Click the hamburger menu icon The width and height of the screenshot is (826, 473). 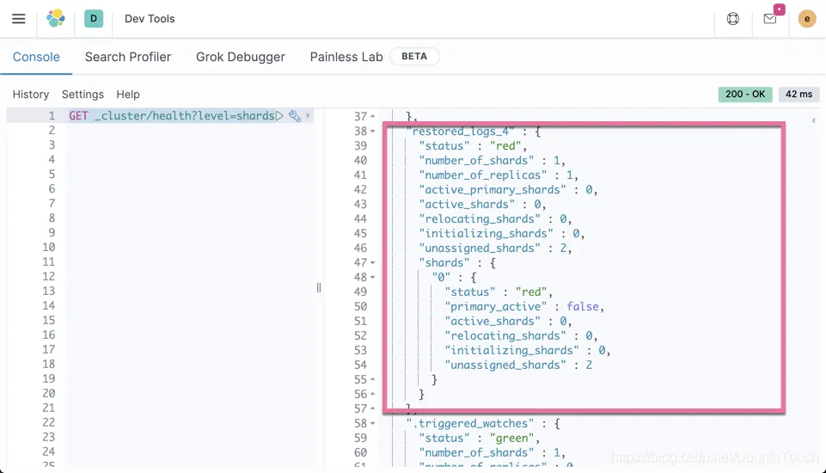(18, 19)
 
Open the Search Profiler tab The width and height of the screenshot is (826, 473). (128, 57)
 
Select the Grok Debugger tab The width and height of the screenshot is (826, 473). (240, 57)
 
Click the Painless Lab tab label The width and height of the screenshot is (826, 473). (346, 57)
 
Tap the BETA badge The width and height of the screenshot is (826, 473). (414, 57)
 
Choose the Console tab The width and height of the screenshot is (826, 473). (36, 57)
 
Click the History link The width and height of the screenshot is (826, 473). (31, 95)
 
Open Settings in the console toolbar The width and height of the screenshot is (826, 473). (83, 95)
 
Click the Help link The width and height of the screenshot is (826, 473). (128, 95)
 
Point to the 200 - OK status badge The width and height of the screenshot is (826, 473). (745, 95)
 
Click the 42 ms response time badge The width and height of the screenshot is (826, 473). (798, 95)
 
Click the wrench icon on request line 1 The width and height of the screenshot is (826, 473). (295, 116)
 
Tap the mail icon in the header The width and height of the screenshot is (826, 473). (770, 19)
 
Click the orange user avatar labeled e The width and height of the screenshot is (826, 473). (806, 19)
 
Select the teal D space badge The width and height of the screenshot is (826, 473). (94, 18)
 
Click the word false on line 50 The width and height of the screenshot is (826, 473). (583, 306)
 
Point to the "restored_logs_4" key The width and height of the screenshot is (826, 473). (461, 132)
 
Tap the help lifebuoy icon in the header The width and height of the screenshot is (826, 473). (733, 19)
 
